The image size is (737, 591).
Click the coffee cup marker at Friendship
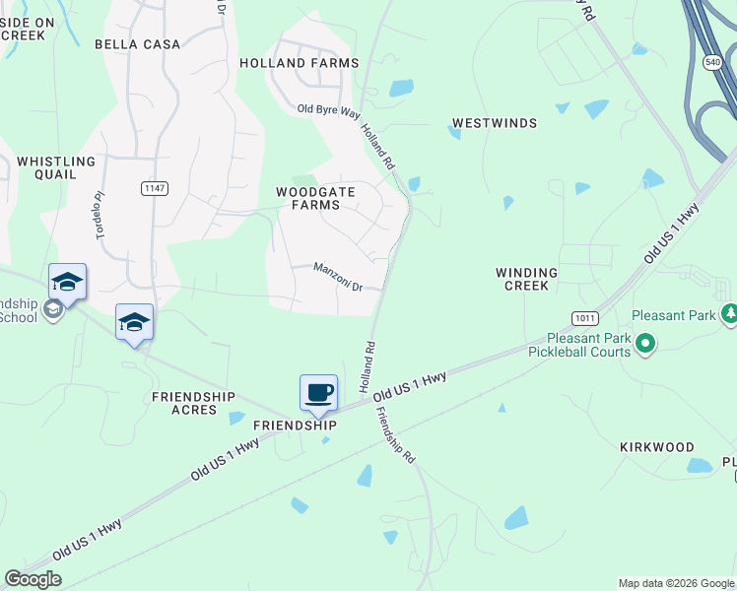click(x=319, y=393)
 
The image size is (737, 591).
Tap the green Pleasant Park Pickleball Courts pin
click(x=645, y=344)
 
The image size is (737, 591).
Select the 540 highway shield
click(x=711, y=61)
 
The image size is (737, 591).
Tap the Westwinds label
click(x=495, y=123)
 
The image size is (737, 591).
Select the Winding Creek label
click(x=526, y=279)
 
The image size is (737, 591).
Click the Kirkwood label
click(x=657, y=447)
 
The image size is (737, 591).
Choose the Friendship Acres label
click(x=193, y=403)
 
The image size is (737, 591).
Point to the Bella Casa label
click(x=138, y=44)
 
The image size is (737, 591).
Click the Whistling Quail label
click(x=56, y=167)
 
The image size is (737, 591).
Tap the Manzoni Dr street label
click(x=338, y=276)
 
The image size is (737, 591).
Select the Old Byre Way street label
click(x=329, y=110)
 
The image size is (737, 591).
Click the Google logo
click(x=33, y=579)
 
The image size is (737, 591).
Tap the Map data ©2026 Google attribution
click(x=676, y=583)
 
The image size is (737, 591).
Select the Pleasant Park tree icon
click(x=730, y=313)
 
